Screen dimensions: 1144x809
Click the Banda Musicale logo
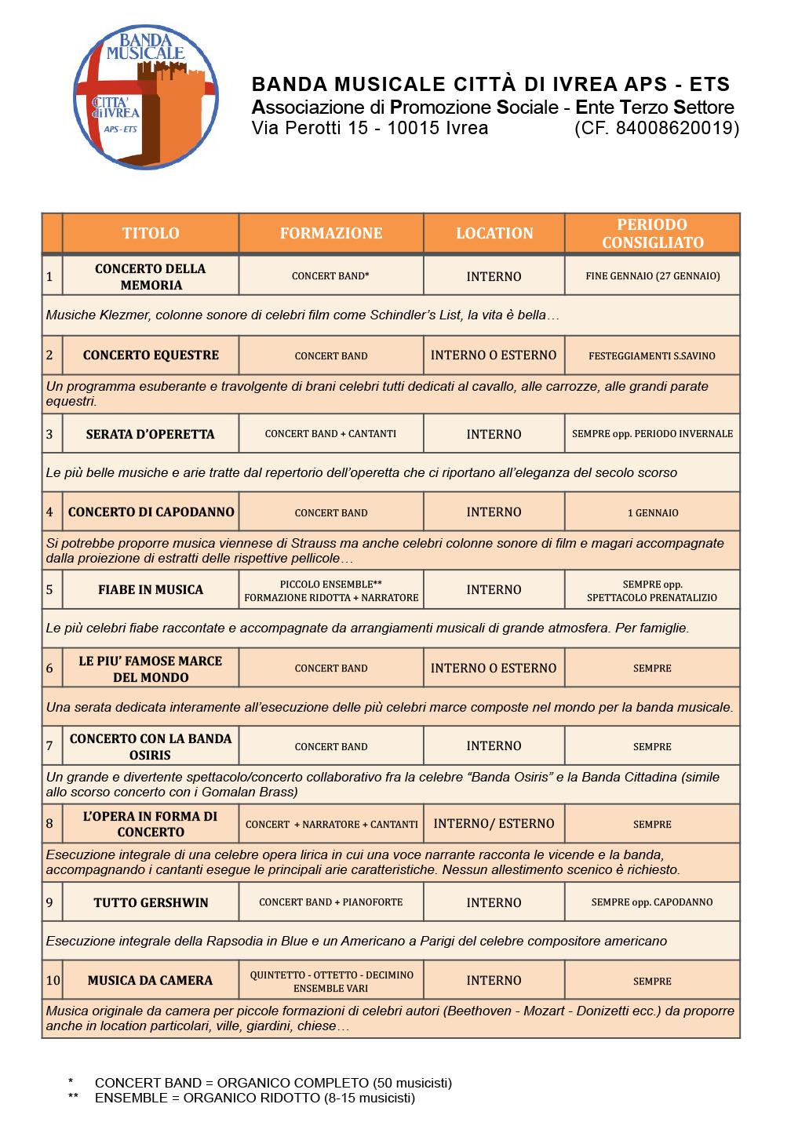[x=146, y=97]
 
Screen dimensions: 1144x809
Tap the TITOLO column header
[x=151, y=233]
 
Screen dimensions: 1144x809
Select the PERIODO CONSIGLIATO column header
[x=652, y=233]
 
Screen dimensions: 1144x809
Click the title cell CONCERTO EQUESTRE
[x=151, y=355]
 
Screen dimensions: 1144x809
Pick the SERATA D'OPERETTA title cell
[x=151, y=434]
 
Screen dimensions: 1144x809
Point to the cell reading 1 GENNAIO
[x=652, y=512]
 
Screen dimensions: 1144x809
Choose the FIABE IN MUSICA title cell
[x=151, y=590]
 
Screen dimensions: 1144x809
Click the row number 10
[x=53, y=980]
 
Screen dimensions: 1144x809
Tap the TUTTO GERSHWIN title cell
[x=151, y=902]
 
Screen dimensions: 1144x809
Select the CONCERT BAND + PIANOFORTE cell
[x=331, y=902]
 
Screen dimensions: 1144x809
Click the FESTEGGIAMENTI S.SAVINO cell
[x=652, y=355]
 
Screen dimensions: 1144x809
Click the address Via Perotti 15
[x=310, y=128]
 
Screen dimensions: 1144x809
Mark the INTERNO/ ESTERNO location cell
[x=494, y=824]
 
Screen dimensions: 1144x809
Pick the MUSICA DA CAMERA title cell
[x=151, y=980]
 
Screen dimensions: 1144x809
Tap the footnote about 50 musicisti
[x=273, y=1083]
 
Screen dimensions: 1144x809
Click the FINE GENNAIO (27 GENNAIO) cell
[x=652, y=276]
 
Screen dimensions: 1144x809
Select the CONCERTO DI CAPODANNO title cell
[x=151, y=512]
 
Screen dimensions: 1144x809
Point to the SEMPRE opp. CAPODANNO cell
[x=652, y=902]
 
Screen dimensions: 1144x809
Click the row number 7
[x=49, y=746]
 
